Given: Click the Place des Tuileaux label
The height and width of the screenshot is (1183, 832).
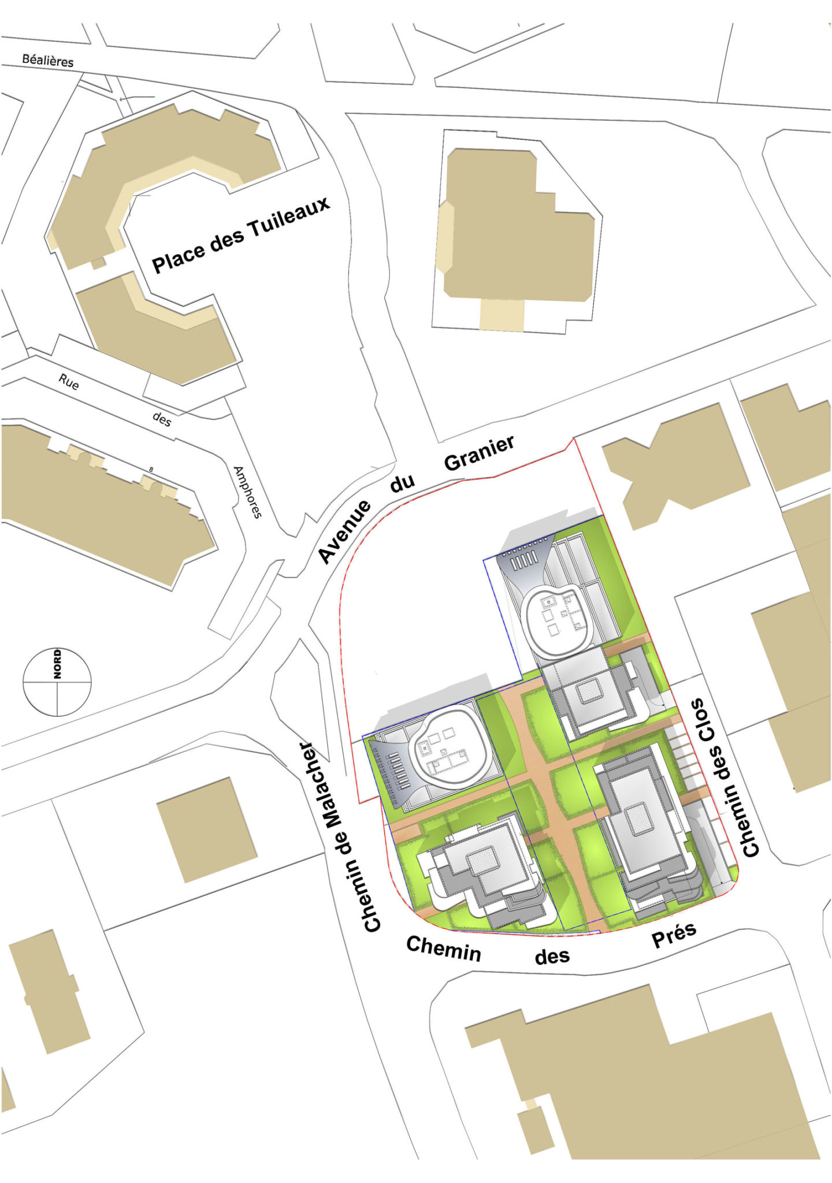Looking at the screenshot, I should (240, 234).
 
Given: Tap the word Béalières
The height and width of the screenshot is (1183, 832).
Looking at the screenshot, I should (48, 60).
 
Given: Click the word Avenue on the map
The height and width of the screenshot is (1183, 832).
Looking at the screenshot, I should (344, 531).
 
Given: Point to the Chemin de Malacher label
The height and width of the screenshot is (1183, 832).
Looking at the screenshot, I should (341, 837).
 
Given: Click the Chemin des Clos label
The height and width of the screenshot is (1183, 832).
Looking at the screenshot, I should (725, 777).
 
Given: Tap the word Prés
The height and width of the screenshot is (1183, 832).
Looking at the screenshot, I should (674, 935).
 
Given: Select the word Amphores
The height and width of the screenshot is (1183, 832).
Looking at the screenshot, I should (247, 492).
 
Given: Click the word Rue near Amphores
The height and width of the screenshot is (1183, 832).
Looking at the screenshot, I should (69, 382).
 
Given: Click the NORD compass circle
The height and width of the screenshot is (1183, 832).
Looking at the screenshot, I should (57, 682).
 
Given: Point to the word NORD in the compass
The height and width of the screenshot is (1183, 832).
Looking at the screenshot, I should (57, 664).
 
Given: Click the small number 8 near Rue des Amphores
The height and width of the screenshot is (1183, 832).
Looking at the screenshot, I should (151, 470).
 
